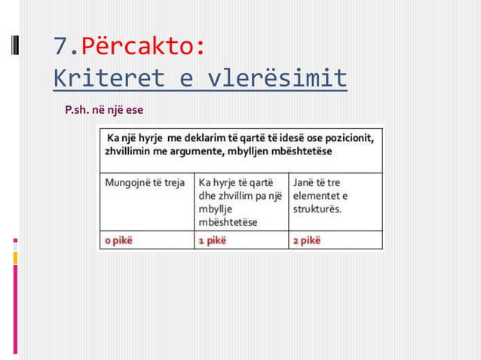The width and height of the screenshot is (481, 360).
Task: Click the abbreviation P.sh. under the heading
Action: pos(76,112)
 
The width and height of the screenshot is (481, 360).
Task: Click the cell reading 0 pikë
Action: pos(118,241)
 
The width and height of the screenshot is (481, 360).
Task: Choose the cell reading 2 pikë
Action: pos(305,241)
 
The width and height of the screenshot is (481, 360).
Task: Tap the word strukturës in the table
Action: pos(316,209)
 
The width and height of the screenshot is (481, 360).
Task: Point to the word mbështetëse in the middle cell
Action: pos(228,222)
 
